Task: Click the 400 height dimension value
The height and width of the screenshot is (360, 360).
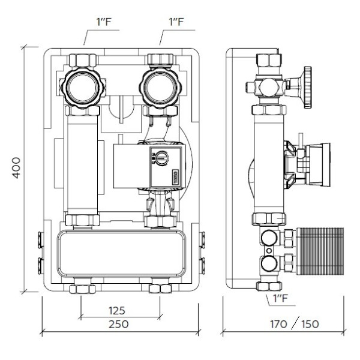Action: (16, 169)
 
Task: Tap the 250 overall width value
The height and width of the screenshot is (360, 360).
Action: (120, 325)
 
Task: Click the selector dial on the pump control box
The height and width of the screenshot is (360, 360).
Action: (159, 158)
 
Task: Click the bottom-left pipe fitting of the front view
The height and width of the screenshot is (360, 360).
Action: (82, 289)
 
